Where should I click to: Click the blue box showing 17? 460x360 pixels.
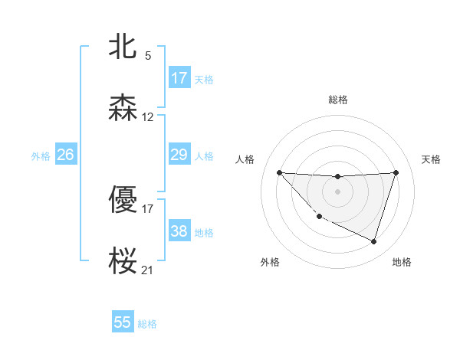(x=179, y=78)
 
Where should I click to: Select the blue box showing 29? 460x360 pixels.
(x=179, y=155)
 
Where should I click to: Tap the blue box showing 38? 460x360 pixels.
(x=179, y=231)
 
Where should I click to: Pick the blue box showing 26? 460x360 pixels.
(x=65, y=155)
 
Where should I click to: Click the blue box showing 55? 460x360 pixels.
(x=123, y=322)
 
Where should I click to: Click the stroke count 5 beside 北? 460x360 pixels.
(x=148, y=56)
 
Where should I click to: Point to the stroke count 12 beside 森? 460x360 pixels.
(x=148, y=117)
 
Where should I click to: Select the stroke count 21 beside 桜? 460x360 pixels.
(x=148, y=270)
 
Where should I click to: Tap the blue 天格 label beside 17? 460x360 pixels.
(x=204, y=79)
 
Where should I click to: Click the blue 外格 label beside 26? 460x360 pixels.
(x=41, y=155)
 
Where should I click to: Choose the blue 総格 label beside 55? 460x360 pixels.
(x=147, y=323)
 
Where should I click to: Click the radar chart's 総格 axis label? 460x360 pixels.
(x=338, y=100)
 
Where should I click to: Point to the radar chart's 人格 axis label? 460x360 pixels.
(x=245, y=159)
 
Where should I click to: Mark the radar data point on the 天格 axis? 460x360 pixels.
(x=396, y=172)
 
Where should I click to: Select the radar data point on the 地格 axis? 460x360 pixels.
(x=373, y=241)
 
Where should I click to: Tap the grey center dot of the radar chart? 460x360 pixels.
(x=337, y=191)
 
